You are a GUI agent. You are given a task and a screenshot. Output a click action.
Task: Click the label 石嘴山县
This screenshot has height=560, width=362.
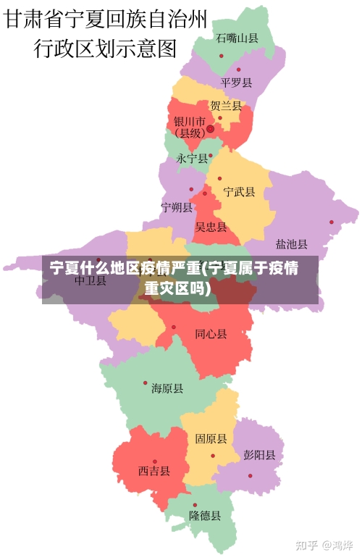(x=237, y=38)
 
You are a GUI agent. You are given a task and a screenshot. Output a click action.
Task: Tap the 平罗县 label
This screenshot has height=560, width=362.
(x=237, y=83)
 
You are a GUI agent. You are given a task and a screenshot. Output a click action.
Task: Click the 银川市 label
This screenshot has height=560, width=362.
(x=189, y=121)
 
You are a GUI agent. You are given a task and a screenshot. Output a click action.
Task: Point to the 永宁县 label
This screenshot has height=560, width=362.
(x=192, y=158)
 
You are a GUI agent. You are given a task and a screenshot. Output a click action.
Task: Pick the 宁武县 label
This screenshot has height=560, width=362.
(x=239, y=192)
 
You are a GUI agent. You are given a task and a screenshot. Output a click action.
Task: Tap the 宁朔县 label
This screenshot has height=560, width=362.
(x=177, y=208)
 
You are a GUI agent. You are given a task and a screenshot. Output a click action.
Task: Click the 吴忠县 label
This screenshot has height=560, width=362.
(x=211, y=227)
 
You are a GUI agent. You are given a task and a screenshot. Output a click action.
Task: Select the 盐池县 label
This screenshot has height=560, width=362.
(x=292, y=244)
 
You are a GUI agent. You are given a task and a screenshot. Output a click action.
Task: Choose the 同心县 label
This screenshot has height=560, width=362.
(x=211, y=334)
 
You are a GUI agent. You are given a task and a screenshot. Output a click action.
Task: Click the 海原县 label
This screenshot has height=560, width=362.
(x=167, y=389)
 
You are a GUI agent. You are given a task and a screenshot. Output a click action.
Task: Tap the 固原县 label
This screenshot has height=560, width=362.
(x=211, y=439)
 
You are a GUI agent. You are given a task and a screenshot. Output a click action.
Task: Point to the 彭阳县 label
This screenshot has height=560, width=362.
(x=259, y=456)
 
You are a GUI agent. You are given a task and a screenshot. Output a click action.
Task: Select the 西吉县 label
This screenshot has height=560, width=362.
(x=154, y=471)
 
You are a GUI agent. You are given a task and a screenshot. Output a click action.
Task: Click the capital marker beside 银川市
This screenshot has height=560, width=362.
(x=210, y=129)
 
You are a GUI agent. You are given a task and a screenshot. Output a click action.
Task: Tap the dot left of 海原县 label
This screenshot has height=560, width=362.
(x=145, y=383)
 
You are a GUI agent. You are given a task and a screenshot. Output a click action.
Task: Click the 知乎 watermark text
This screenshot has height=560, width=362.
(x=308, y=544)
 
